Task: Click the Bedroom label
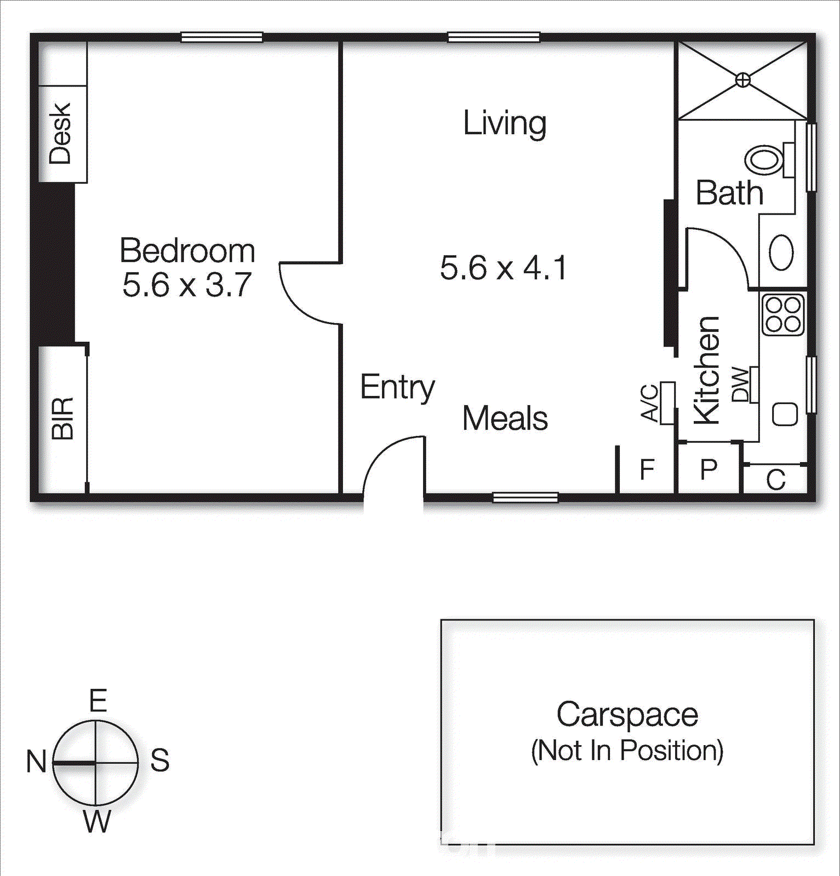(x=187, y=251)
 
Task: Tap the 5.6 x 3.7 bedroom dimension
(x=187, y=285)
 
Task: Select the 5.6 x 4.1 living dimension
(x=503, y=268)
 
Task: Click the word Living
(x=505, y=123)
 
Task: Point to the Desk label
(x=60, y=133)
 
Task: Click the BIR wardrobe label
(x=62, y=419)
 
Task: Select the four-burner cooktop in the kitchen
(x=782, y=315)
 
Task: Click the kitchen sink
(x=785, y=414)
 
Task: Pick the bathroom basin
(x=781, y=252)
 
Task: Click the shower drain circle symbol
(x=742, y=80)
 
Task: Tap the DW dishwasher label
(x=740, y=385)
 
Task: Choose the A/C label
(x=650, y=404)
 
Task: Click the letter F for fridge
(x=648, y=470)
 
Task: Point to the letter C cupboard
(x=776, y=481)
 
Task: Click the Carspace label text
(x=627, y=715)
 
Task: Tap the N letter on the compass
(x=36, y=762)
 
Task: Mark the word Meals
(x=505, y=419)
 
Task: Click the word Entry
(x=397, y=388)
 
